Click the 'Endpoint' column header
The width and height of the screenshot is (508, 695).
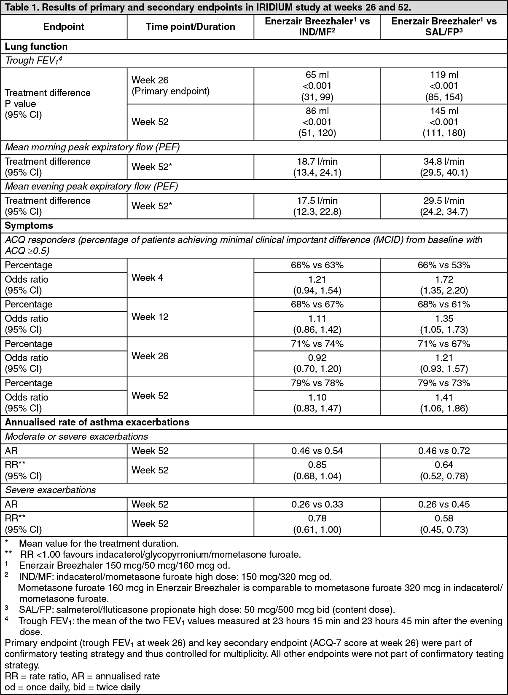[64, 27]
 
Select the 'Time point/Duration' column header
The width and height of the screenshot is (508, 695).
[191, 27]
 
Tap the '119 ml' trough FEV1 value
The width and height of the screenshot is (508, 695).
[443, 75]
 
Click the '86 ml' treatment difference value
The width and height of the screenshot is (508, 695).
[317, 111]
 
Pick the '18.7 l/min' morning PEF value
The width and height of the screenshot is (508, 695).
[317, 161]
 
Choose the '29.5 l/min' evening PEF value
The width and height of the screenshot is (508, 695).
[443, 200]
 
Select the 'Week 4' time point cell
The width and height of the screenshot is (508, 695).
[147, 278]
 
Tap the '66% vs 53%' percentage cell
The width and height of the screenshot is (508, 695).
[443, 265]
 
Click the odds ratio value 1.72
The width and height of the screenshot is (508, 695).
[443, 279]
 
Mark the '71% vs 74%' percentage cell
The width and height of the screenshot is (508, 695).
[317, 344]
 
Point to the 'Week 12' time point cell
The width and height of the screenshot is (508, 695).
[150, 317]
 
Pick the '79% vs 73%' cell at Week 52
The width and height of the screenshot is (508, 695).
[443, 383]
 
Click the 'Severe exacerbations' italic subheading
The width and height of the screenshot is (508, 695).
[50, 490]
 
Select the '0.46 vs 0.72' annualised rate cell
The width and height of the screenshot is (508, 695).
[443, 451]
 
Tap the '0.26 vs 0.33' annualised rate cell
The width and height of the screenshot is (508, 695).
[317, 504]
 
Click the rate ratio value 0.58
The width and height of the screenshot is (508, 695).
[443, 519]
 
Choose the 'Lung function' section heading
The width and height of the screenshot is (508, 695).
[36, 46]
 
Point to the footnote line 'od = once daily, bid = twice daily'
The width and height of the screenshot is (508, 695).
[73, 687]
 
